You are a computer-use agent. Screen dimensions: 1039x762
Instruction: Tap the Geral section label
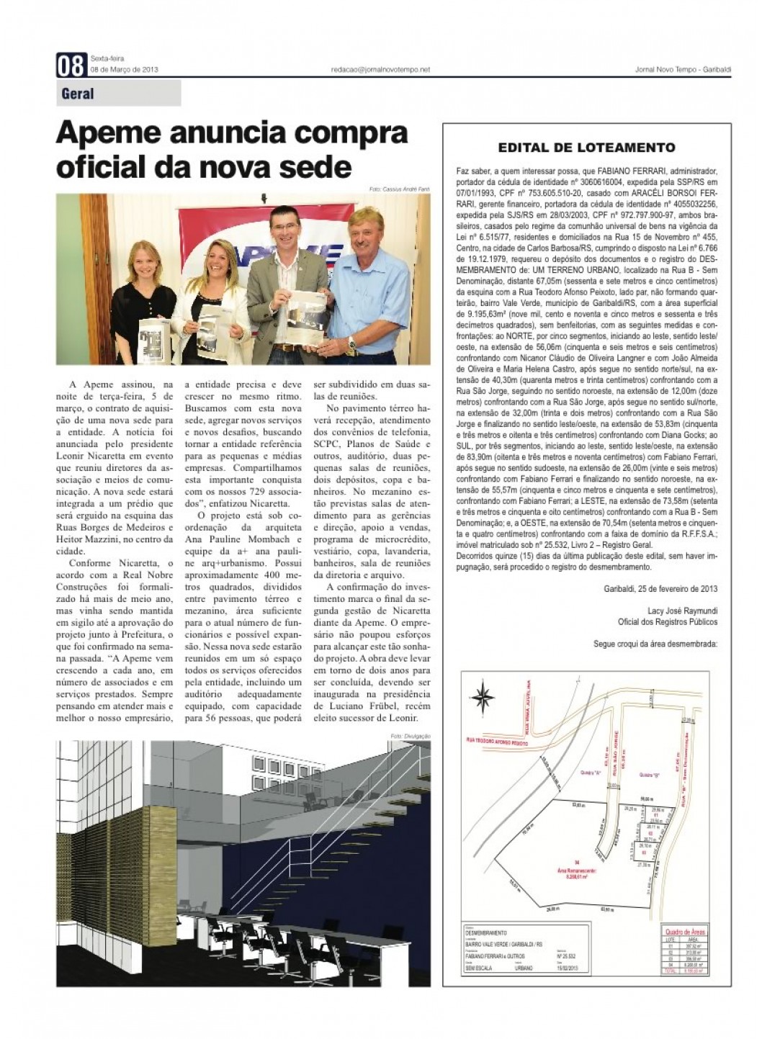[78, 94]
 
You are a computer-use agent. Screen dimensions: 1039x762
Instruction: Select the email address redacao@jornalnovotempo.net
[380, 69]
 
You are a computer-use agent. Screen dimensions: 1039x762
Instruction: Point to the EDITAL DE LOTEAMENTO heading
[586, 148]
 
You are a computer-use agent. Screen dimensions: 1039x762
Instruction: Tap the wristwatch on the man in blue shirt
[352, 345]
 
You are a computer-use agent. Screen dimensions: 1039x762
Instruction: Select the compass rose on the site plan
[484, 698]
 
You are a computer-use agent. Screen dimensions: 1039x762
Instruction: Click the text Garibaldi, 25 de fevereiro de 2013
[660, 588]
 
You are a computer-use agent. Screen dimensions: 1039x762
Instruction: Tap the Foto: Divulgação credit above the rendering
[410, 736]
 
